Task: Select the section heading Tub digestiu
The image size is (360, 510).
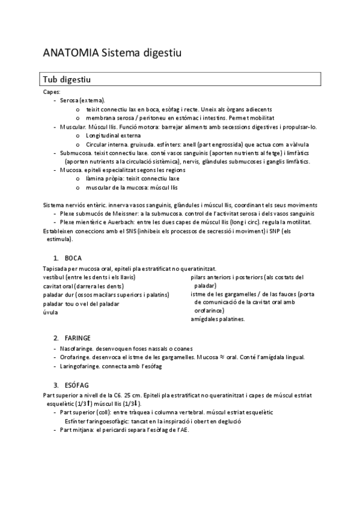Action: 67,79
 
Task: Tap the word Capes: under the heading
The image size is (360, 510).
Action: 52,91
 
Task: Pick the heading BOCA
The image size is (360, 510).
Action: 73,257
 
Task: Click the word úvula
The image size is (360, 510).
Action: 50,312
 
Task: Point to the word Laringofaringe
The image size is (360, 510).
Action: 80,366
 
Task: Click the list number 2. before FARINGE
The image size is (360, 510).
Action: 56,338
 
